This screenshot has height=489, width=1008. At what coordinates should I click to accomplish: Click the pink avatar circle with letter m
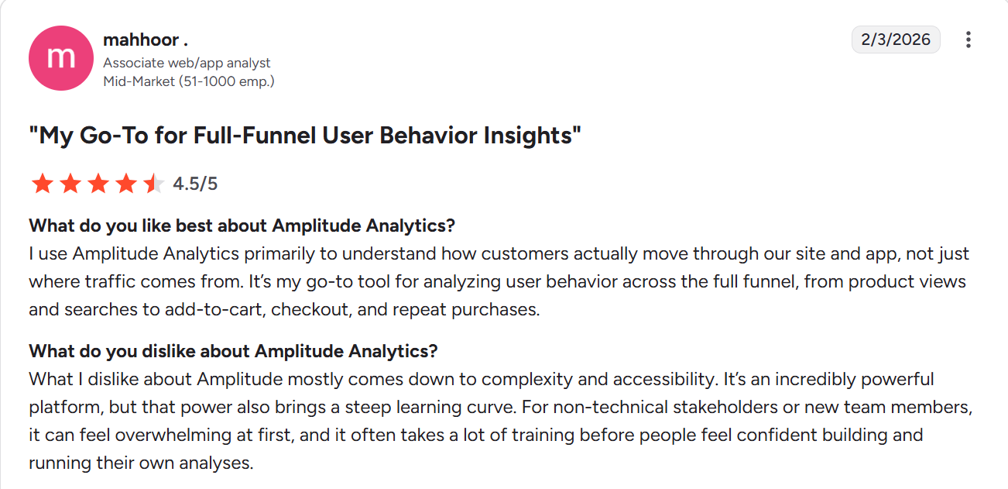pos(61,58)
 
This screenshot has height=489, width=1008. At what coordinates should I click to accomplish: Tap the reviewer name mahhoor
pos(145,40)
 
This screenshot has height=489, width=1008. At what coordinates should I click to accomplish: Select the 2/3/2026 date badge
pos(896,40)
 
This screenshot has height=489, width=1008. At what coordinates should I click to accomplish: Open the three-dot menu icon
pos(968,40)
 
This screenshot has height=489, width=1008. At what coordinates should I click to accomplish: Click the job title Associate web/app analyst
pos(187,63)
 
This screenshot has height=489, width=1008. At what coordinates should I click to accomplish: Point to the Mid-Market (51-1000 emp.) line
pos(188,81)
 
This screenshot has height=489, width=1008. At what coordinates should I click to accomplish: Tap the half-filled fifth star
pos(154,184)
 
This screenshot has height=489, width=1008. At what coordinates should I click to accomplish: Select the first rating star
pos(42,184)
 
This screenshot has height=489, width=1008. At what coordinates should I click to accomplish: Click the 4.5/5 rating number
pos(195,184)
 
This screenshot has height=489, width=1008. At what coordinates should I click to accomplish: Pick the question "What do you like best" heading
pos(242,226)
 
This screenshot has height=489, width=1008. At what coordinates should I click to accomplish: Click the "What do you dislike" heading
pos(233,351)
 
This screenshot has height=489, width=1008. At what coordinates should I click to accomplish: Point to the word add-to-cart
pos(208,309)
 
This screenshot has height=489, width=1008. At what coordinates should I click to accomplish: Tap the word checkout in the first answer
pos(307,309)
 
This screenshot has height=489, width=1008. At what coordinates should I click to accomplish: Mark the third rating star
pos(98,184)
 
